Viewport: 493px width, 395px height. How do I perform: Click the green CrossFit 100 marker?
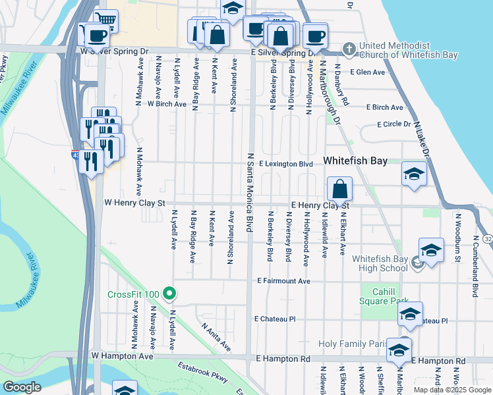pos(169,293)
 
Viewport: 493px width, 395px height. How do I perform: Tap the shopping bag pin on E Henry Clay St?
pos(339,189)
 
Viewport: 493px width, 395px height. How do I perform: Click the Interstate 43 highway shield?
pos(76,154)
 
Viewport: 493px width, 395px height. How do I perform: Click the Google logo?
pos(22,387)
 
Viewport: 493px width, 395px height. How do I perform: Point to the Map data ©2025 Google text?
pos(451,390)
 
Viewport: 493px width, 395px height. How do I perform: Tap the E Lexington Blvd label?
pos(285,163)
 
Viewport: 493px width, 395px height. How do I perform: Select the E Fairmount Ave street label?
pos(283,281)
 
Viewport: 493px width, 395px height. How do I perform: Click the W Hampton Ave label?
pos(122,356)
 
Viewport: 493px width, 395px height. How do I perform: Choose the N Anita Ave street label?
pos(216,336)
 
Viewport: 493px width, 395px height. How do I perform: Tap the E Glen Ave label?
pos(367,72)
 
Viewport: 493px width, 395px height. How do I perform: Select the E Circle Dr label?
pos(393,124)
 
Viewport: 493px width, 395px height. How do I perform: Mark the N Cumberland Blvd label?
pos(474,253)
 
